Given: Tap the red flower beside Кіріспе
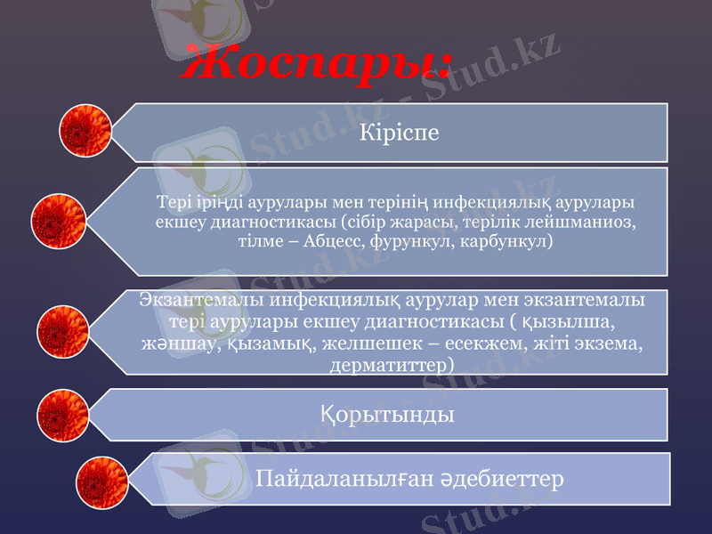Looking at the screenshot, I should point(85,131).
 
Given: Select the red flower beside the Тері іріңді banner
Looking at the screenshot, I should point(58,221).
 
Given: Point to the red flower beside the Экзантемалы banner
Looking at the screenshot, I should point(63,331).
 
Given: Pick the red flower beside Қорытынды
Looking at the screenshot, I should point(63,415).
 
